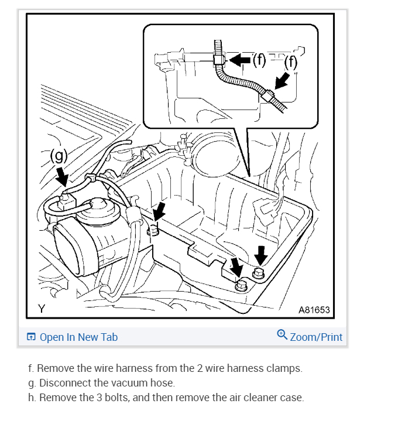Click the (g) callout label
[60, 156]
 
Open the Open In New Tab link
[78, 337]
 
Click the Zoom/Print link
[316, 337]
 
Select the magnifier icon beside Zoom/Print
[282, 336]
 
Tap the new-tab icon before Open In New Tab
[31, 337]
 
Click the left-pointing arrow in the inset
[239, 59]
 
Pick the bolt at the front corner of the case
[239, 286]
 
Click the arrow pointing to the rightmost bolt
[262, 254]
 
